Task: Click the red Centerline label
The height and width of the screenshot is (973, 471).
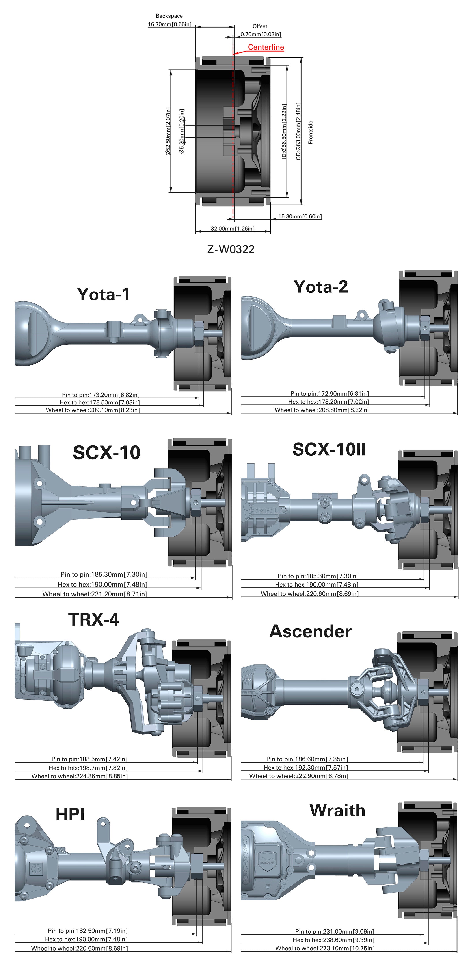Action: (266, 47)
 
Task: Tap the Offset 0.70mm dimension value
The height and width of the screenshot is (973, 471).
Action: (261, 34)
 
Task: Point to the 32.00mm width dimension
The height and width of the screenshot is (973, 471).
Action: (233, 229)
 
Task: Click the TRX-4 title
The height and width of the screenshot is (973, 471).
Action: (93, 619)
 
